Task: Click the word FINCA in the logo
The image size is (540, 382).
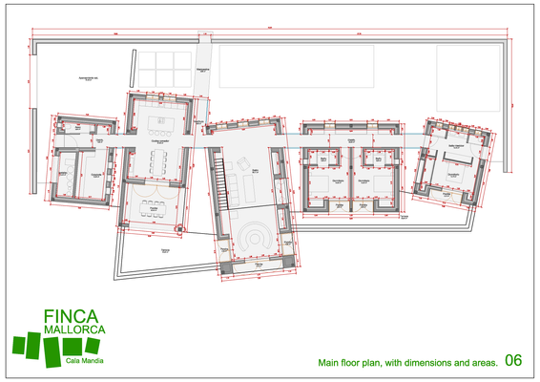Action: (x=69, y=316)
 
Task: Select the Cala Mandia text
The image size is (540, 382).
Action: (x=86, y=359)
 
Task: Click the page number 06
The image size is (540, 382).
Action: (x=512, y=361)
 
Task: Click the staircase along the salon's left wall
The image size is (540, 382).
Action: (x=223, y=180)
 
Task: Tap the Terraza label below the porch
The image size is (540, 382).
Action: (x=166, y=247)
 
